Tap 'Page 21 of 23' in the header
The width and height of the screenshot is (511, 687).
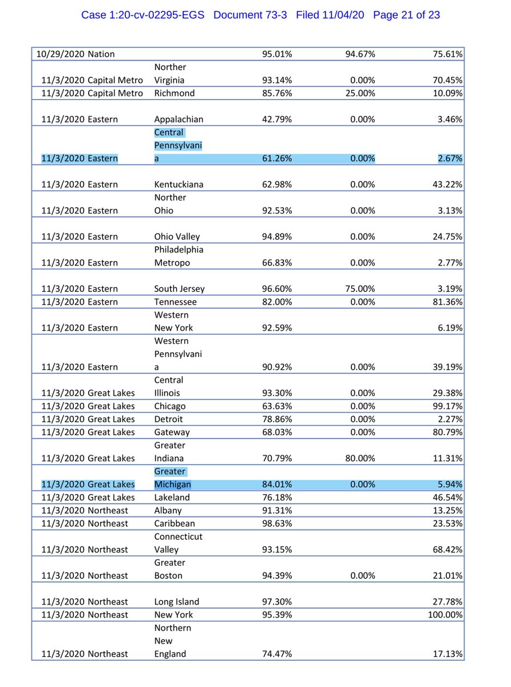pyautogui.click(x=406, y=15)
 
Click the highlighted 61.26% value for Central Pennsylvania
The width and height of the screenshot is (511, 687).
pyautogui.click(x=277, y=159)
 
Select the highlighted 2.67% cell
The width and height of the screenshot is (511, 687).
pyautogui.click(x=450, y=159)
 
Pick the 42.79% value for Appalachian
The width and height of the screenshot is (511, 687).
pyautogui.click(x=277, y=120)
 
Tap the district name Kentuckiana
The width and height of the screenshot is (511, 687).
pyautogui.click(x=179, y=185)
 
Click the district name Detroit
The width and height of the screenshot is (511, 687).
pyautogui.click(x=169, y=420)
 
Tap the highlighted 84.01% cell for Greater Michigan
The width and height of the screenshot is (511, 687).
pyautogui.click(x=277, y=485)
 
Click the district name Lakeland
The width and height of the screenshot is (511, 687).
pyautogui.click(x=172, y=498)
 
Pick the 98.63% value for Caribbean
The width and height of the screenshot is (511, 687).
pyautogui.click(x=277, y=524)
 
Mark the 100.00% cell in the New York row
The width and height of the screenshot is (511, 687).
pyautogui.click(x=445, y=615)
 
